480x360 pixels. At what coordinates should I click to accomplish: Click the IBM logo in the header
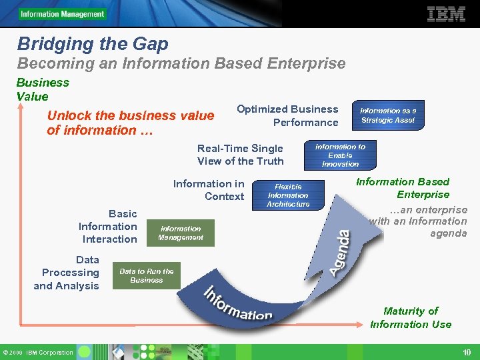coord(445,14)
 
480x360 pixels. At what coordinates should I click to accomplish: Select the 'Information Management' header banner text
coord(62,14)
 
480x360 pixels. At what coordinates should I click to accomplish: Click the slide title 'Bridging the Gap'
coord(93,44)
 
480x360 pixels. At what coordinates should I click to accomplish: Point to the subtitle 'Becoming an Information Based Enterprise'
coord(181,64)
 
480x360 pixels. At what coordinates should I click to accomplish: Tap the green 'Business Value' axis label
coord(43,89)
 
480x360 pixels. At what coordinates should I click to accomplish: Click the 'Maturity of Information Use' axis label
coord(411,317)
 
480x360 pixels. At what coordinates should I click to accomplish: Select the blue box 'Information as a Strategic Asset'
coord(387,115)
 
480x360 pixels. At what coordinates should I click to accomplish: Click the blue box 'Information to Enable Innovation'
coord(340,155)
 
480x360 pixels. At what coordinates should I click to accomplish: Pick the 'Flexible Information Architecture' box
coord(288,195)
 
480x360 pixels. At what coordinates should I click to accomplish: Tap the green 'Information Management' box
coord(181,233)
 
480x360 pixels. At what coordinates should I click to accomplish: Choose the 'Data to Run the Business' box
coord(146,275)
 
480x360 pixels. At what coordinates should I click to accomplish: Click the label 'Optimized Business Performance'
coord(287,115)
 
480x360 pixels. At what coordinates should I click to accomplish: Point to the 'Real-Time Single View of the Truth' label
coord(240,155)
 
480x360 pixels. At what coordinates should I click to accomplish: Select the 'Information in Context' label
coord(209,189)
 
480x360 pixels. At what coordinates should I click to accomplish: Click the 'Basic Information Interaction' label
coord(108,226)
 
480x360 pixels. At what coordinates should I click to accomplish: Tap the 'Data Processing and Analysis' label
coord(67,273)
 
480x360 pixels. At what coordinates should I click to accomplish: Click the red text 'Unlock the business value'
coord(131,115)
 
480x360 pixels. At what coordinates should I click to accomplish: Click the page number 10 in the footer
coord(466,352)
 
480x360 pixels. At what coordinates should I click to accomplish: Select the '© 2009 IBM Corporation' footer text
coord(37,352)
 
